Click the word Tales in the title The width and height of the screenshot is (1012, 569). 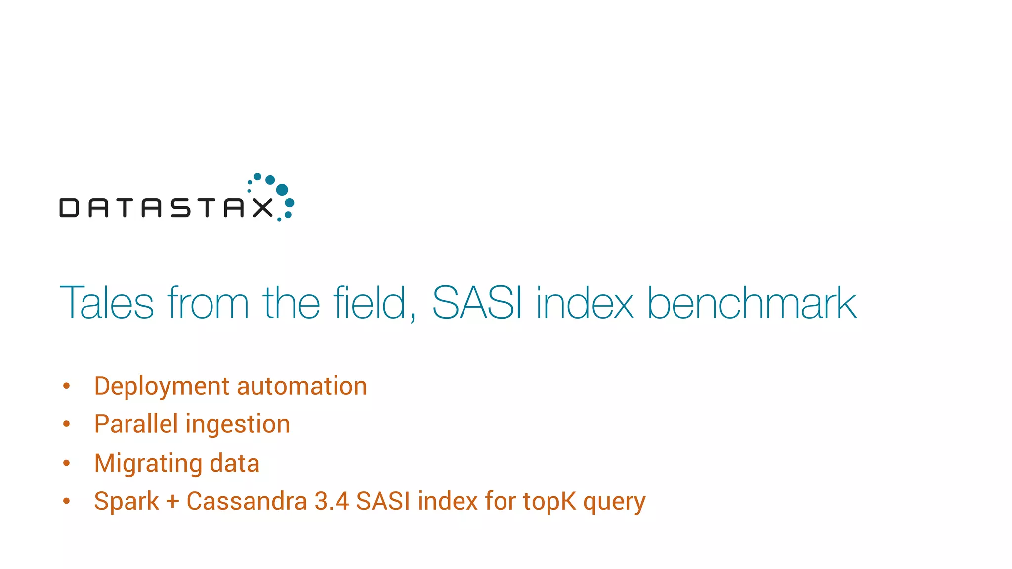pos(107,303)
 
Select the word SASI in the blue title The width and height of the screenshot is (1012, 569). pos(476,303)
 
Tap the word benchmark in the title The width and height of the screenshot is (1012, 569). pos(752,303)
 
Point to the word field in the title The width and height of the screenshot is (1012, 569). pos(374,303)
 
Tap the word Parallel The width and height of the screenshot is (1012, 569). pos(136,424)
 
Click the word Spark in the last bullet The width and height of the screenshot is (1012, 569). pos(126,501)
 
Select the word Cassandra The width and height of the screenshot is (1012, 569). pos(247,501)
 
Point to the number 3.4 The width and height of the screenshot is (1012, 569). pos(332,501)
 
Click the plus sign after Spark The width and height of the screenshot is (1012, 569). pos(172,502)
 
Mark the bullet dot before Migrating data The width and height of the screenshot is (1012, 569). pos(67,463)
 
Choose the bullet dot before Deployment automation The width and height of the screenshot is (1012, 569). pos(67,386)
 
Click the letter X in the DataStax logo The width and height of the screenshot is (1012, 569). pos(263,207)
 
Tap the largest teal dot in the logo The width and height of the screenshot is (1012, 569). pos(282,190)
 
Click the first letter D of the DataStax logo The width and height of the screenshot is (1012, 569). pos(69,207)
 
